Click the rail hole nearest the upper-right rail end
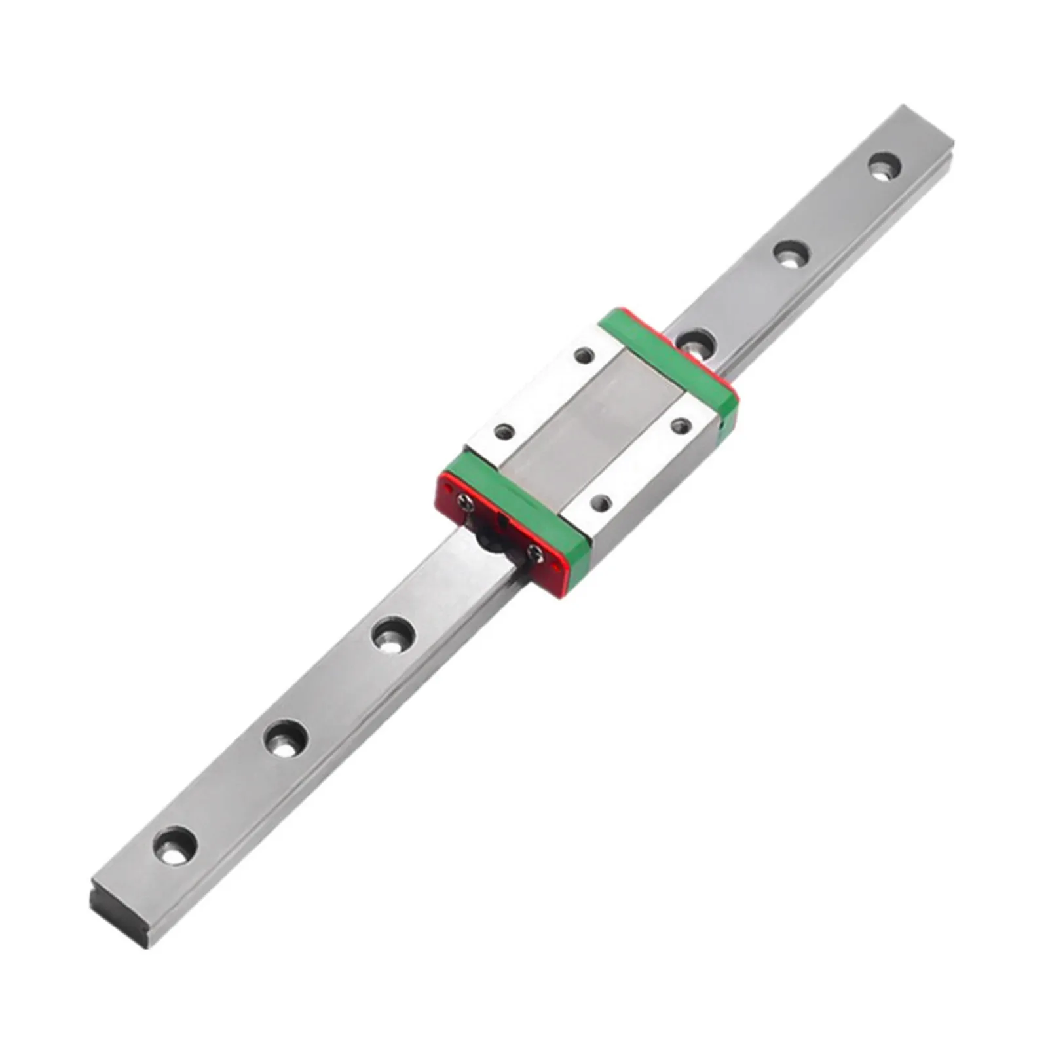(884, 165)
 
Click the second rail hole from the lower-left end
(286, 738)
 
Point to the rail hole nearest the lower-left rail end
(175, 846)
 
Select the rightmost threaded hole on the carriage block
(682, 426)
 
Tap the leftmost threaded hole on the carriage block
(504, 432)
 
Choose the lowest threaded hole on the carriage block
(600, 503)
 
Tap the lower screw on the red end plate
(534, 553)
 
